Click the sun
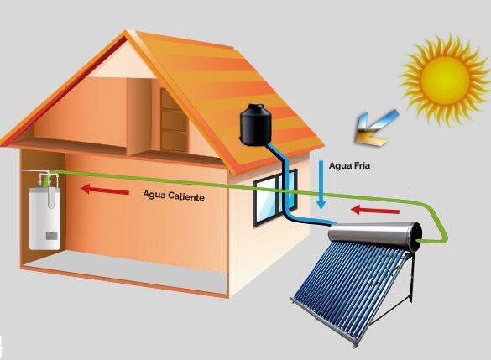[445, 80]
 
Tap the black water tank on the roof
[255, 124]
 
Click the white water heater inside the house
[44, 217]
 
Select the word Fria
[363, 165]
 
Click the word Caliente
[186, 196]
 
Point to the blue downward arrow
[321, 185]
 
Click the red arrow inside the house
[105, 190]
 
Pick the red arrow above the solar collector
[375, 210]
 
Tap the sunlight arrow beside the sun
[377, 128]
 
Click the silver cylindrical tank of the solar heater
[374, 236]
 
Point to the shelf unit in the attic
[174, 121]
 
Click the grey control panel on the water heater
[51, 236]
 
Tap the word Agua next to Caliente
[154, 195]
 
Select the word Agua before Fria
[341, 165]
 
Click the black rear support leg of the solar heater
[413, 278]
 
